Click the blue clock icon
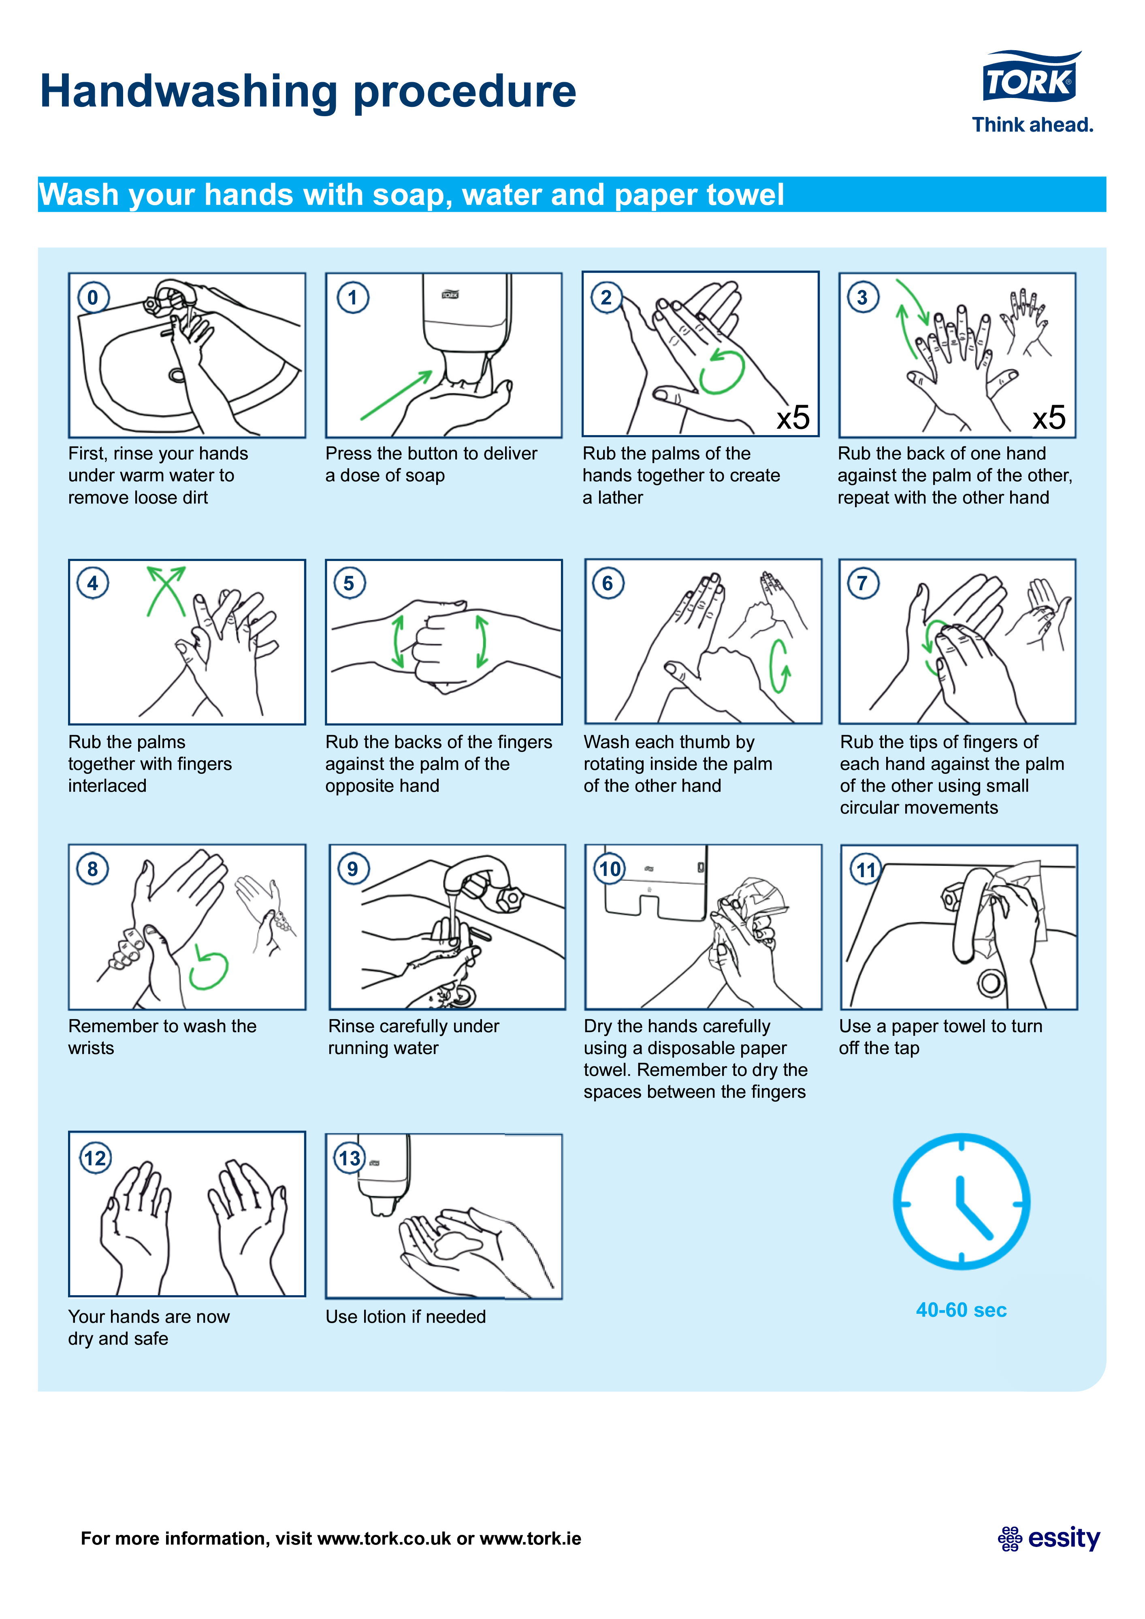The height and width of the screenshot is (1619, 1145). pos(962,1202)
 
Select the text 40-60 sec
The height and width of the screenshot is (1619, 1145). pos(961,1310)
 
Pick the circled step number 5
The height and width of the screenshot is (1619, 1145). pos(349,583)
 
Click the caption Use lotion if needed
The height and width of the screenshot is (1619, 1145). pos(406,1317)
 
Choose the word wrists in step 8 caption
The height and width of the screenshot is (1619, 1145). pos(91,1049)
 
